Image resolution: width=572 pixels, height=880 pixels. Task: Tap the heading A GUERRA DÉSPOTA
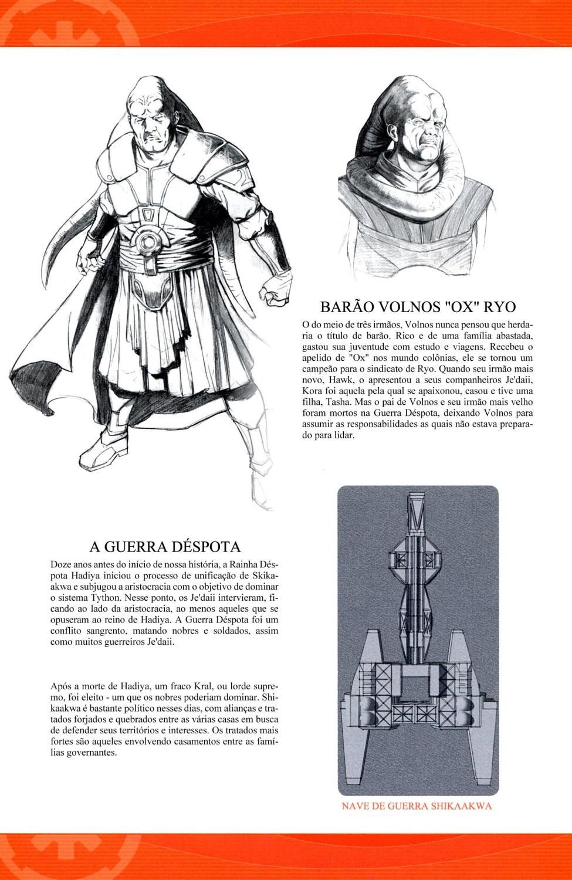tap(165, 547)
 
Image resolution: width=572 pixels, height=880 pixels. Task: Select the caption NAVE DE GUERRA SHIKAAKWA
tap(417, 805)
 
